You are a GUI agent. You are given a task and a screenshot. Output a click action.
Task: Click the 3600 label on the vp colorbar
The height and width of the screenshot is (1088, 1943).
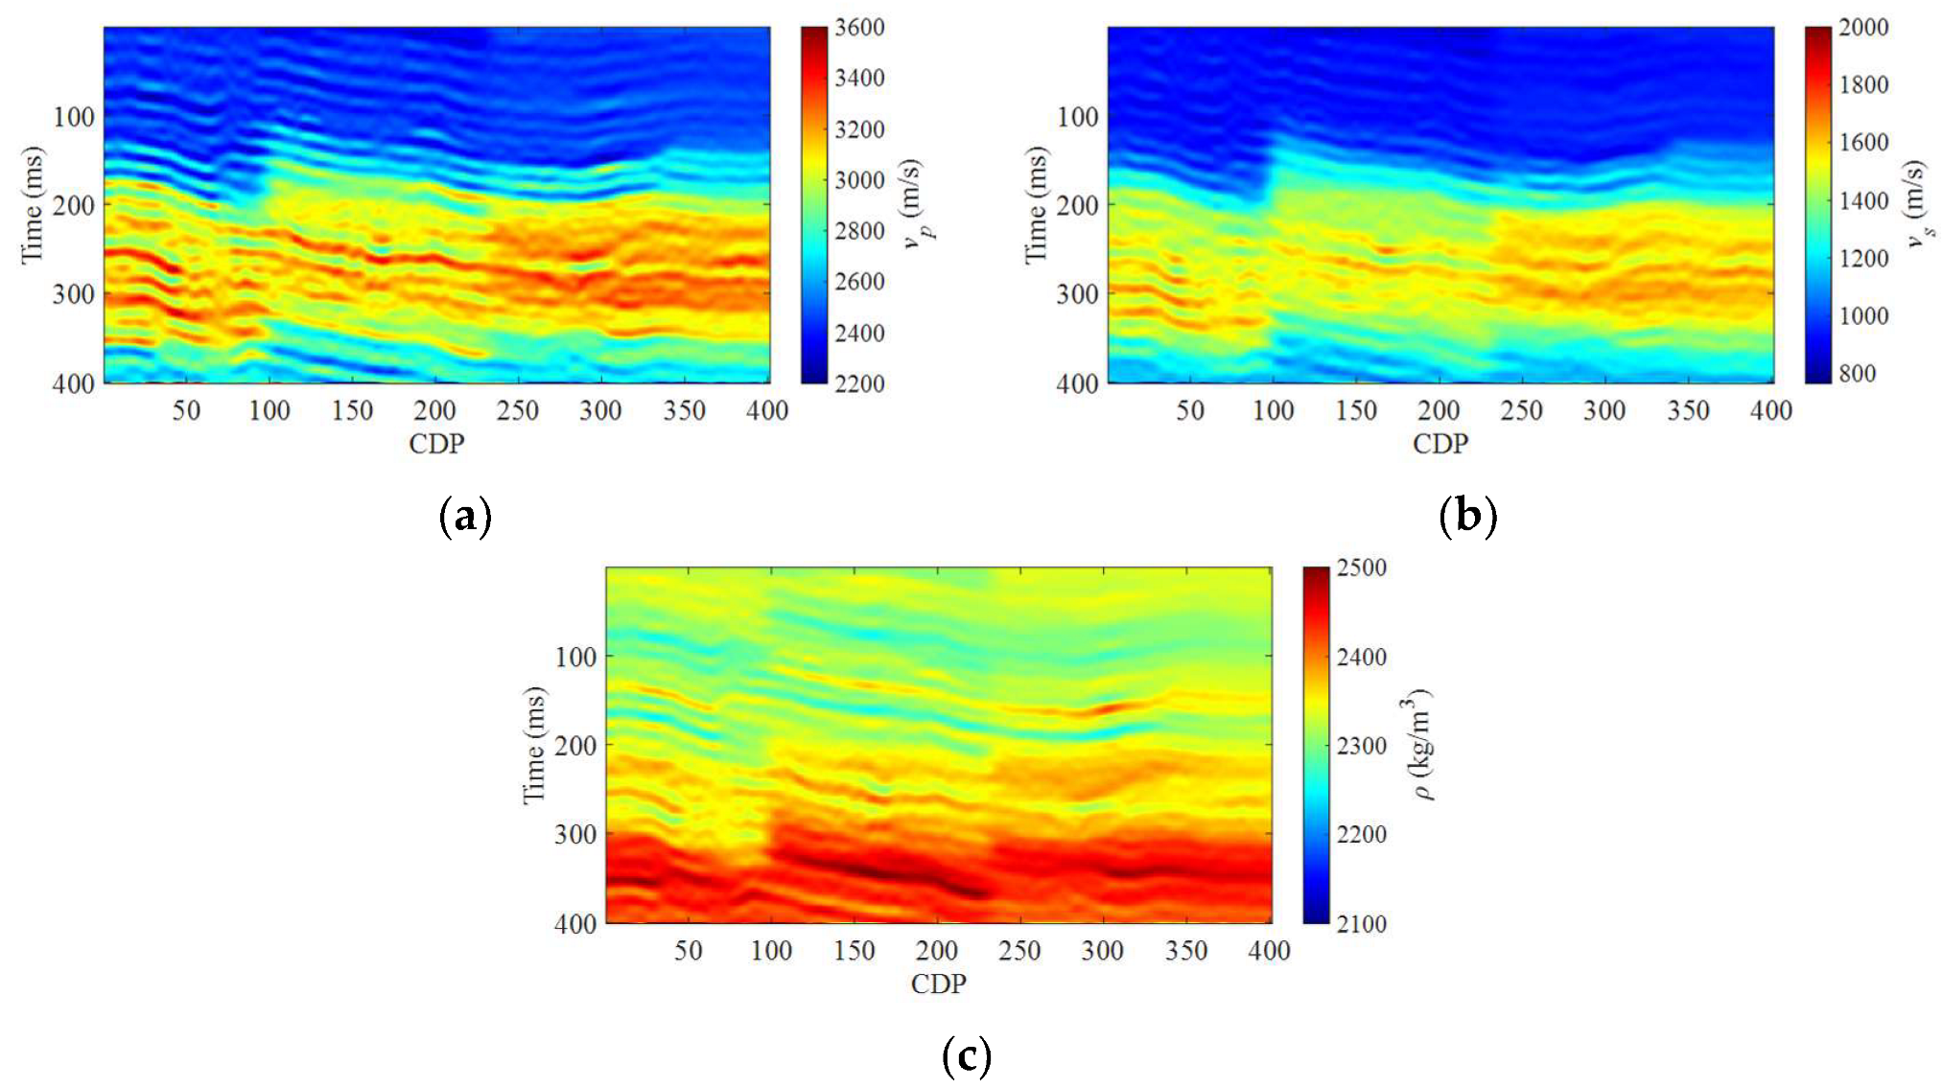[859, 28]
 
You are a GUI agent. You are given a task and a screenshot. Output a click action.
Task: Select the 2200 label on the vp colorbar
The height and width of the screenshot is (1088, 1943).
[859, 383]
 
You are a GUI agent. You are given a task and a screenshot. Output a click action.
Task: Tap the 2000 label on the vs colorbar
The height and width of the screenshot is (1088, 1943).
[1863, 28]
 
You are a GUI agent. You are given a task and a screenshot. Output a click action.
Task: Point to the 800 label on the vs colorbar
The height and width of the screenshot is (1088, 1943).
[1857, 374]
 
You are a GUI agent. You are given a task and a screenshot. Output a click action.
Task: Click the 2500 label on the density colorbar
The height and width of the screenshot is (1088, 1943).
[1362, 567]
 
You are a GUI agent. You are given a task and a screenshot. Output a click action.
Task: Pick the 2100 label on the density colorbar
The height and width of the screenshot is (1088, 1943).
[1362, 924]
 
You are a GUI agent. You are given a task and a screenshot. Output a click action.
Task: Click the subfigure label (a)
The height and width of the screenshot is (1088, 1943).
[465, 518]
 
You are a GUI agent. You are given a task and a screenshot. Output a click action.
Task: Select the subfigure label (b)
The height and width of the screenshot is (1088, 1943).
[1468, 518]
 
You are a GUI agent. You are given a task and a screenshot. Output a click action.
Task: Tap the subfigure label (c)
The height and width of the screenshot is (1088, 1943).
[967, 1057]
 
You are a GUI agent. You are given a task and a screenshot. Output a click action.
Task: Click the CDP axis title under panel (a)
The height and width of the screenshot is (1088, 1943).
[436, 444]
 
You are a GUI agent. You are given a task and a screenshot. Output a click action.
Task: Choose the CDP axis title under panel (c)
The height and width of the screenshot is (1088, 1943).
[938, 984]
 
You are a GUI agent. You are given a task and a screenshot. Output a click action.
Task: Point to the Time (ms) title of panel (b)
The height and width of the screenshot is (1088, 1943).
[1036, 204]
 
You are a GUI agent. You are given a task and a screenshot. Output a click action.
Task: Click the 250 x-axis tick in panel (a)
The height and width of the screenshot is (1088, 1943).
[518, 411]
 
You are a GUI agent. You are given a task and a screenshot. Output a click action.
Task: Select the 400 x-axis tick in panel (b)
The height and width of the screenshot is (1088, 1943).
[1770, 411]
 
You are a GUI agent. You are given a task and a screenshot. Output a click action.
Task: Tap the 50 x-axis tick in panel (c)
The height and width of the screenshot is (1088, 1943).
[688, 951]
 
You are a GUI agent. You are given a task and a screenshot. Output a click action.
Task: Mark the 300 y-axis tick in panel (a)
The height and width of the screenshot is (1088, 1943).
[74, 294]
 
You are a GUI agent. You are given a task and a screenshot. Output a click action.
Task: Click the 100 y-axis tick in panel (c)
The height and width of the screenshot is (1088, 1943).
[575, 657]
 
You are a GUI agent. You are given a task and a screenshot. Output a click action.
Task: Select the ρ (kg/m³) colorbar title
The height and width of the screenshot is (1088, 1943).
[1418, 745]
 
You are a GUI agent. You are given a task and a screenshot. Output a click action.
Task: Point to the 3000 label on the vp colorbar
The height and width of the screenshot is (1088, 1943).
[859, 180]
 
